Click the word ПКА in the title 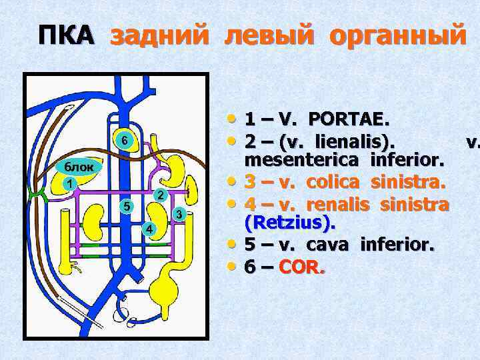pos(66,35)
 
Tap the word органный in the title pos(399,35)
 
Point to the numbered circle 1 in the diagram pos(68,182)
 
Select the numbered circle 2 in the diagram pos(159,195)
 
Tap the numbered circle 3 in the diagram pos(179,213)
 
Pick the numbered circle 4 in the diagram pos(151,229)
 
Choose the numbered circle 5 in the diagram pos(125,205)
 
